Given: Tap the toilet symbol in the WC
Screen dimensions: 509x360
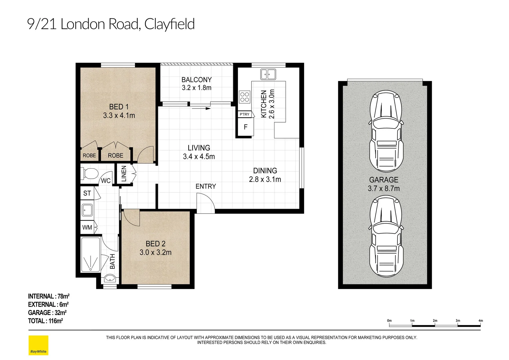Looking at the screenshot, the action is (x=89, y=174).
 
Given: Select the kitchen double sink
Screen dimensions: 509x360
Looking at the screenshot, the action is (x=268, y=74).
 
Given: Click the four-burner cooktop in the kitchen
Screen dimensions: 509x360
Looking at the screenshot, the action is (x=245, y=97).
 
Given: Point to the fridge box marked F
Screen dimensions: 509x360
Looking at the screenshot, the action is (x=246, y=127).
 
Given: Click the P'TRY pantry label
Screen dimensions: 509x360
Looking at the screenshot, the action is (x=245, y=114).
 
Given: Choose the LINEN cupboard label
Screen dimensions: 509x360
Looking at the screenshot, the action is (x=124, y=174).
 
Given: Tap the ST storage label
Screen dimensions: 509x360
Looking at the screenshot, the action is (x=87, y=193).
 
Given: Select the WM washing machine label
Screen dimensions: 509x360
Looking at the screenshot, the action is (x=87, y=227).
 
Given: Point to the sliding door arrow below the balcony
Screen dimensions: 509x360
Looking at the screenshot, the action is (x=201, y=108).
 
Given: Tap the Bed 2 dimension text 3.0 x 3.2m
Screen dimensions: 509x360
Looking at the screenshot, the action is (x=156, y=252).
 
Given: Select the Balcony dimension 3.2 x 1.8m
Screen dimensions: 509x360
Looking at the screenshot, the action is (x=197, y=88).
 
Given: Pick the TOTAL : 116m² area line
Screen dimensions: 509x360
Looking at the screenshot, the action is (x=45, y=321).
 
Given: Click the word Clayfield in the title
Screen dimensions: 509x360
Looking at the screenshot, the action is (x=170, y=24).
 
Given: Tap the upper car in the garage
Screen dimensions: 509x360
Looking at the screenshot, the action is (x=386, y=131).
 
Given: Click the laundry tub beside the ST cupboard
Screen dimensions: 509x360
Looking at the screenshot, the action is (x=87, y=210).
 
